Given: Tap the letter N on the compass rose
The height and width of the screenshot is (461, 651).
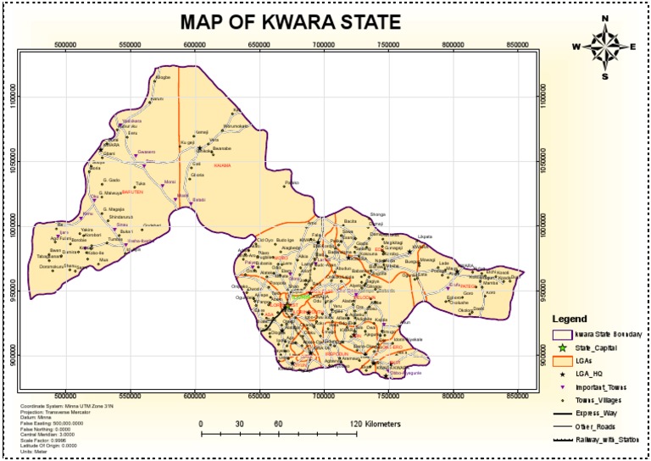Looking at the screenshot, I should click(604, 19).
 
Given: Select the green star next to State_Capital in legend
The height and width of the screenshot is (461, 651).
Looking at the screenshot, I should click(560, 347).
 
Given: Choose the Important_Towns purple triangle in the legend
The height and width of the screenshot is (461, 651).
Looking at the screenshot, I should click(560, 387).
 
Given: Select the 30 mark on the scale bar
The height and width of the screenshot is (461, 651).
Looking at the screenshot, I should click(240, 422).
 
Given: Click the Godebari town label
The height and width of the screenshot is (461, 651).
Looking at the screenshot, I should click(152, 225).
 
